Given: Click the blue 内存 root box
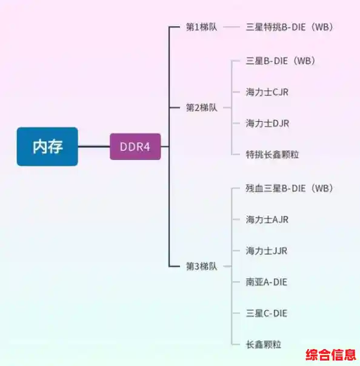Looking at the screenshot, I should pos(47,146).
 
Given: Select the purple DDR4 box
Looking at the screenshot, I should pos(135,147).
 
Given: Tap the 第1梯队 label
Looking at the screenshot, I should pos(201,27).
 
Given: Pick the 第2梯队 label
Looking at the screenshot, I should pos(201,107).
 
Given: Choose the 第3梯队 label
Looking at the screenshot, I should pos(201,266).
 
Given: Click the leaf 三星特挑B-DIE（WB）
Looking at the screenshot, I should pos(290,27).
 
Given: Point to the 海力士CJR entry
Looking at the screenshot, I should pos(267,92).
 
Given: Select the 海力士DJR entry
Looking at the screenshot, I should pos(267,123).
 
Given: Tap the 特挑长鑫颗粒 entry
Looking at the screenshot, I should pos(272,155).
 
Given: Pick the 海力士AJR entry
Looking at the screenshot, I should pos(267,219).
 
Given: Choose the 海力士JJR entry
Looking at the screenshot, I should pos(266,251).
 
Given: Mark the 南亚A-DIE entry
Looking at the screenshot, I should pos(266,282).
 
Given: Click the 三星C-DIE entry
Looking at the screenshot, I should pos(266,313).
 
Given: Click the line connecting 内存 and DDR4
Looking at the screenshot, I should pos(93,147).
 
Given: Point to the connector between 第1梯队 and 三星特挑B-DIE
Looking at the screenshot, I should pos(232,27).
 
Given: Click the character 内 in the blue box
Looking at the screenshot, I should pos(39,147).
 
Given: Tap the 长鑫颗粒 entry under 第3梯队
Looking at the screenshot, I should pos(264,344).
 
